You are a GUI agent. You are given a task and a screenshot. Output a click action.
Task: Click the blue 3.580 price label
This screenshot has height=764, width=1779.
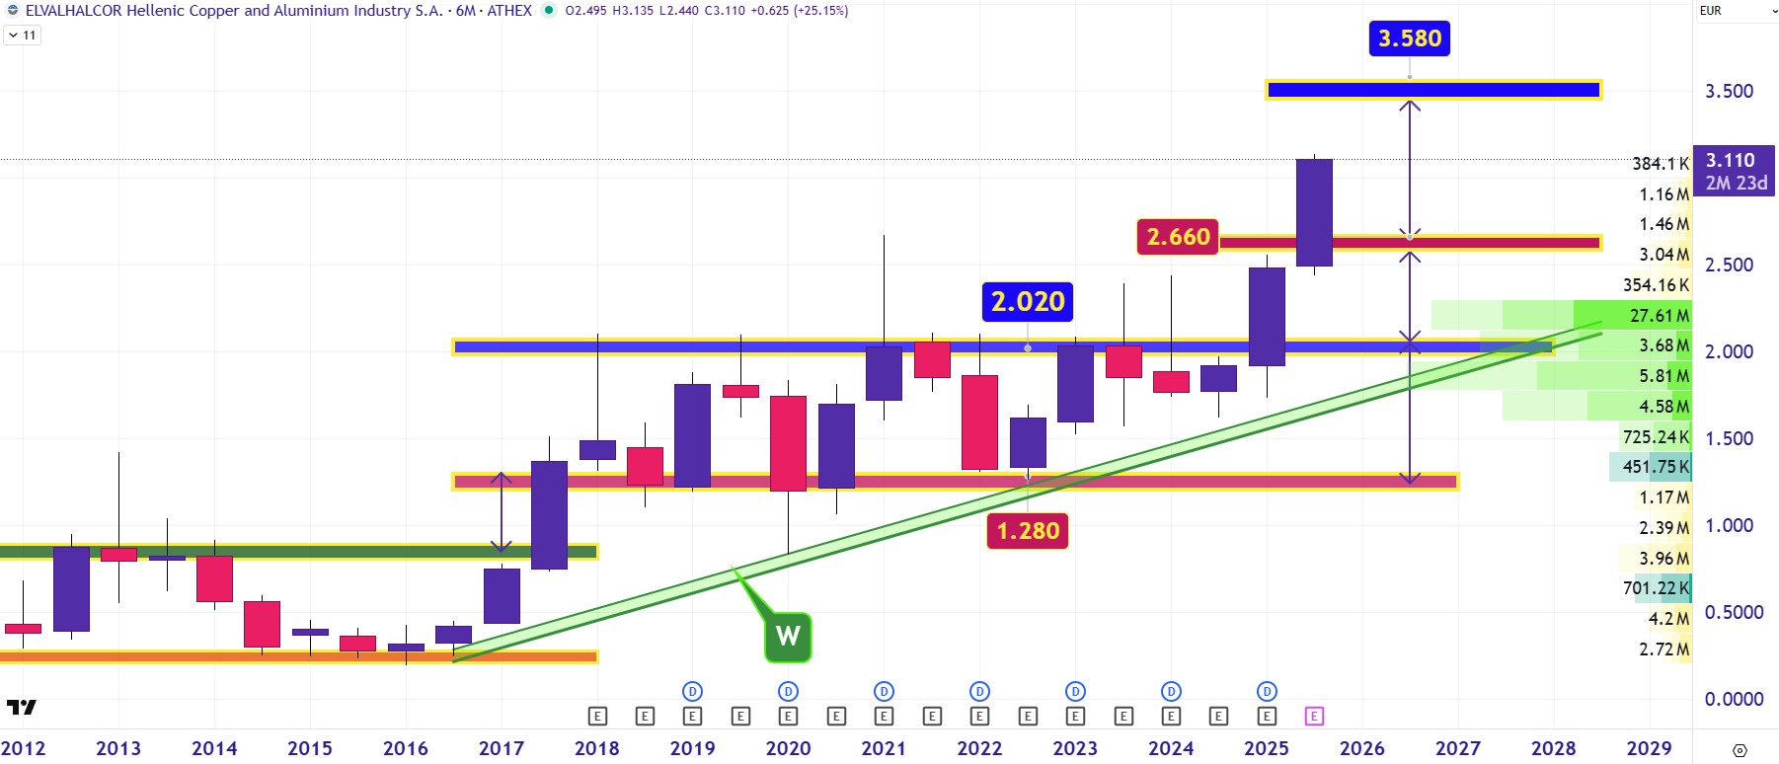pos(1409,38)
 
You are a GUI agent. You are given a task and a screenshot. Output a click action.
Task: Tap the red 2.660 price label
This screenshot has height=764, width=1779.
pos(1178,237)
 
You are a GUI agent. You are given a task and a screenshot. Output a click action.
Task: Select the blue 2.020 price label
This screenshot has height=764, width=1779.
pos(1028,301)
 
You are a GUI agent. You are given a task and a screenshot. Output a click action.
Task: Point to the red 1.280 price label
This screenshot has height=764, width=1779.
pos(1028,531)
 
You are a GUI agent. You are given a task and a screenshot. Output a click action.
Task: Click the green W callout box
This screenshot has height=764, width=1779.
pos(788,636)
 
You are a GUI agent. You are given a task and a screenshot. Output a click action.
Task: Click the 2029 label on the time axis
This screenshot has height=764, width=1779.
pos(1649,748)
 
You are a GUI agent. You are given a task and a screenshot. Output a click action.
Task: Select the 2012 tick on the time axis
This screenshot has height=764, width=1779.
pos(23,748)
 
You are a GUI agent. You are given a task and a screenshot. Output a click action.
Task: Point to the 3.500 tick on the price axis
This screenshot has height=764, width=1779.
pos(1729,91)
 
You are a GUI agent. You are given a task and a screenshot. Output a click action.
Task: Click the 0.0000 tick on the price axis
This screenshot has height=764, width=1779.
pos(1734,699)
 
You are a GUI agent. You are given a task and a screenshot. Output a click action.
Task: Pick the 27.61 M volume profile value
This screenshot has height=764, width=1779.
pos(1659,315)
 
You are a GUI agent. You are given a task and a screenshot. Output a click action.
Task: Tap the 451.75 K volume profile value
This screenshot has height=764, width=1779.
pos(1656,467)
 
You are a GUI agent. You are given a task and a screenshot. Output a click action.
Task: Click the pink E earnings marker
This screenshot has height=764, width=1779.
pos(1314,716)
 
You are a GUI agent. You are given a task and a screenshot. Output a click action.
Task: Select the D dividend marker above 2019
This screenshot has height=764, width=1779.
pos(692,691)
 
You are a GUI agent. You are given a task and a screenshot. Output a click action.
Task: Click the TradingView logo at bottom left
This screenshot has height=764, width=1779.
pos(21,707)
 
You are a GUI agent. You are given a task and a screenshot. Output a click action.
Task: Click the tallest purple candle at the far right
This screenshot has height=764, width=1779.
pos(1314,212)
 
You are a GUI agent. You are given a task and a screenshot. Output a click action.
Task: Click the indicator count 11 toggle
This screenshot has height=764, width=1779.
pos(23,35)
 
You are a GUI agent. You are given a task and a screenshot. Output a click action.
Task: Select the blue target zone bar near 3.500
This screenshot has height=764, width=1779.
pos(1432,91)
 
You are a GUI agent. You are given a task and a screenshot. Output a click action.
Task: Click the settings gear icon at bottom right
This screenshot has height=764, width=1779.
pos(1740,750)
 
